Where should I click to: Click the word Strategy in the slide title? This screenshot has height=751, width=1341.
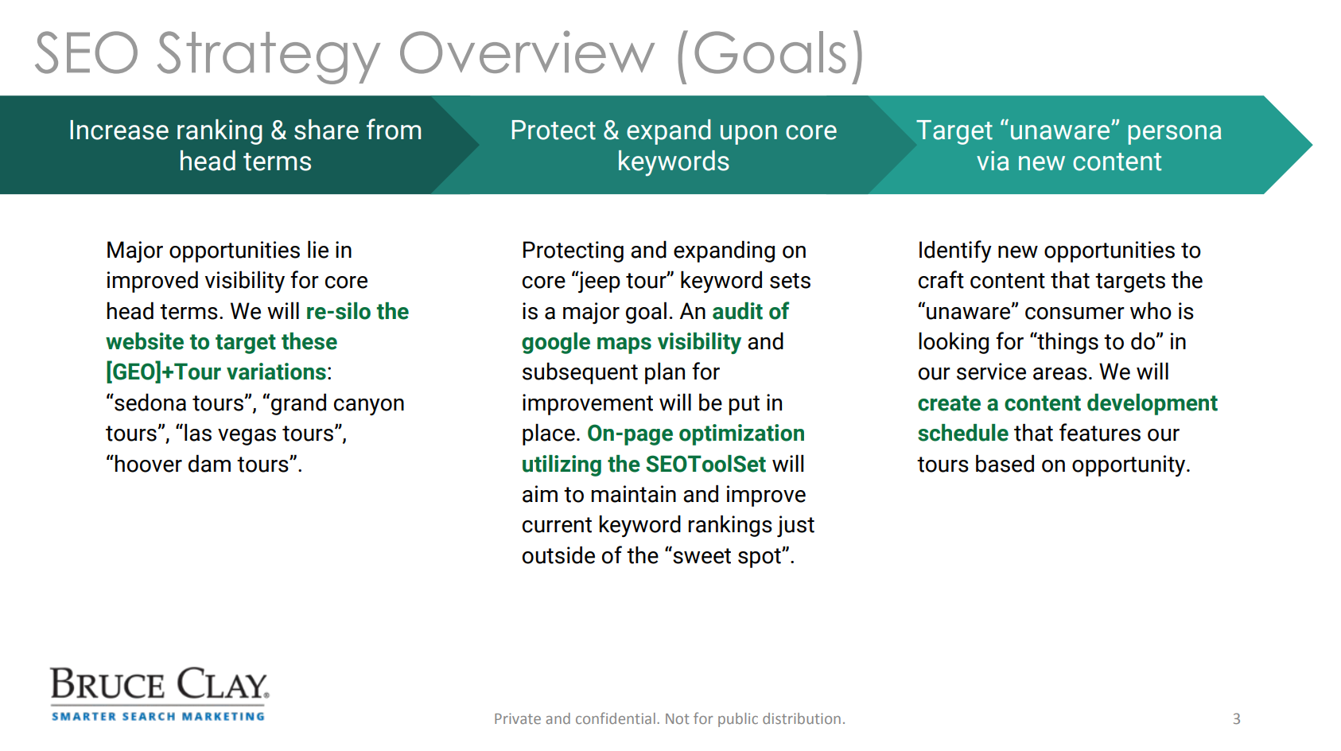tap(268, 55)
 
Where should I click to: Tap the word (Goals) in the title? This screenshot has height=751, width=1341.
tap(771, 55)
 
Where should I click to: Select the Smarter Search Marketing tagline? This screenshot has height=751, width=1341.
tap(158, 716)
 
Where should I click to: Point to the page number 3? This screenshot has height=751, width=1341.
tap(1236, 718)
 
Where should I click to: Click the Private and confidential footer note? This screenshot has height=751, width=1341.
tap(669, 718)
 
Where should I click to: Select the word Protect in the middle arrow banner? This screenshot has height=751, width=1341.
tap(553, 130)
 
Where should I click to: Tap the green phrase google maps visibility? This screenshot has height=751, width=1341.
tap(631, 343)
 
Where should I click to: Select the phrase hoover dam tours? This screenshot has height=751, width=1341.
tap(204, 464)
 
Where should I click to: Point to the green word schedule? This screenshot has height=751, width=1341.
tap(962, 434)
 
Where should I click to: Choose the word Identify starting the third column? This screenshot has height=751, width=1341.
tap(954, 251)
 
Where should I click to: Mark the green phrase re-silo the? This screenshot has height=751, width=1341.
tap(357, 311)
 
